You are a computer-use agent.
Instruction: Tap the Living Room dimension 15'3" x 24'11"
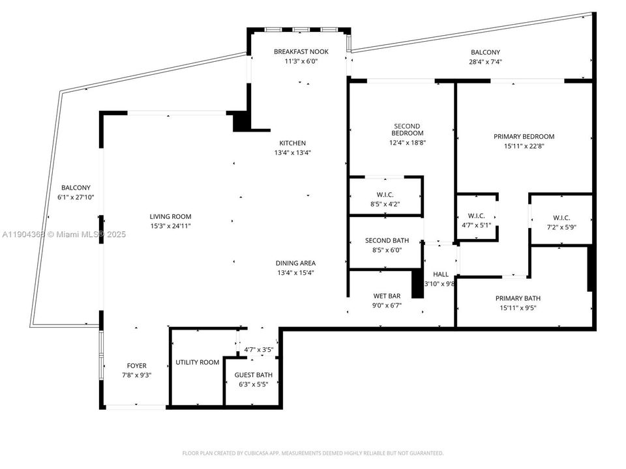[171, 226]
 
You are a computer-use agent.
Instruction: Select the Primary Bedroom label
[524, 137]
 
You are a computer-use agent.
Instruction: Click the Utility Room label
[198, 362]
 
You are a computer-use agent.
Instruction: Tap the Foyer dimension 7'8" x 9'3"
[136, 375]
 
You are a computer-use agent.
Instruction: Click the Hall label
[441, 275]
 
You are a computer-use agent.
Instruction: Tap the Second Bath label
[387, 241]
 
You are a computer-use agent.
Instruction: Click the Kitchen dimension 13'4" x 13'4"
[292, 152]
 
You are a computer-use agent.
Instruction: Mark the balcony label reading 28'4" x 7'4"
[486, 62]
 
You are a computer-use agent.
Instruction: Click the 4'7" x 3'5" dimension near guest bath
[258, 350]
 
